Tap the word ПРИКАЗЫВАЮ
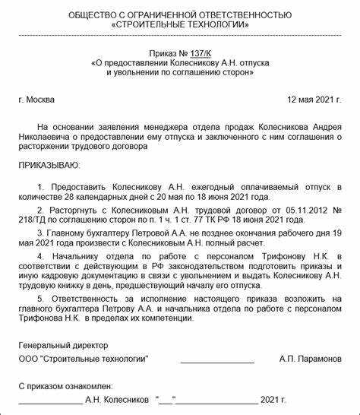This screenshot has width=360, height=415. [x=49, y=164]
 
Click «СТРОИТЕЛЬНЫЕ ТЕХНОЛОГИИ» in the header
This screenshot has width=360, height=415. [x=179, y=24]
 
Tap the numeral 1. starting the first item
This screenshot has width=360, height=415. [x=40, y=185]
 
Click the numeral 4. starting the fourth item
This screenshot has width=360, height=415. [x=40, y=258]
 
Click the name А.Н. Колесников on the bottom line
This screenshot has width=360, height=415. [x=117, y=398]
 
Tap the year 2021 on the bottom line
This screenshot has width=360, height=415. [x=269, y=398]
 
